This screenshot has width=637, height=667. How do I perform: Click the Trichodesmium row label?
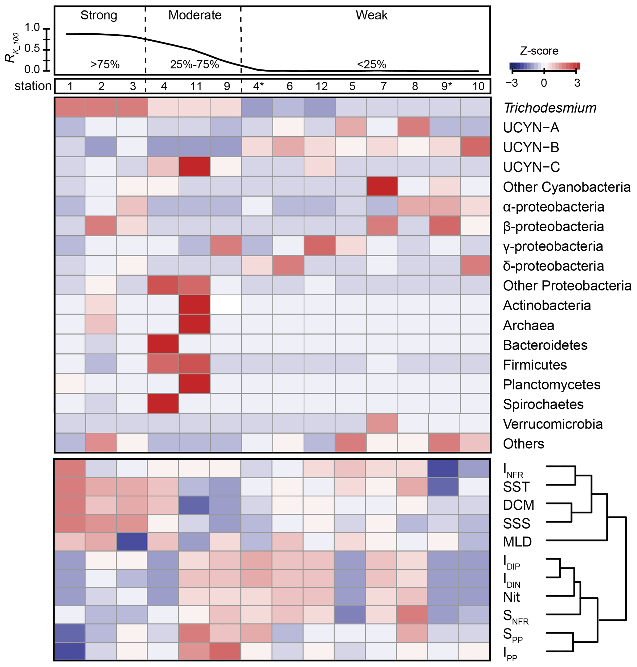(550, 108)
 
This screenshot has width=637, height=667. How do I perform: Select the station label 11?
(196, 86)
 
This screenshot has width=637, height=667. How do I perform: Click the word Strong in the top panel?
(99, 15)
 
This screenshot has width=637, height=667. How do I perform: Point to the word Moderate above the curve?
(194, 15)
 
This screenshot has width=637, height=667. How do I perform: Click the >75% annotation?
(104, 64)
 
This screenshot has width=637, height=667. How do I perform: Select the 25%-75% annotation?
(194, 64)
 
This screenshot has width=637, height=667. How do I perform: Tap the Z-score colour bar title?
(539, 51)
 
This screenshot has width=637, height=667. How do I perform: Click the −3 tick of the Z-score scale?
(512, 83)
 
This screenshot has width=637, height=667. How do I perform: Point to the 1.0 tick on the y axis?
(32, 27)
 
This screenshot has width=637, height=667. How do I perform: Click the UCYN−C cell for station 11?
(194, 167)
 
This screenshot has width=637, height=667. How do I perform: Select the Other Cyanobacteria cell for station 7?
(382, 186)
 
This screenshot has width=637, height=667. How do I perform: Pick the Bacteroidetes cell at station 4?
(163, 344)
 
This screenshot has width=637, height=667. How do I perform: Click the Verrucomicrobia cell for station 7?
(382, 423)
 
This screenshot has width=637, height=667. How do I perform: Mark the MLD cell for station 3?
(132, 541)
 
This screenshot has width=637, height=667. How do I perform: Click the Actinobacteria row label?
(547, 306)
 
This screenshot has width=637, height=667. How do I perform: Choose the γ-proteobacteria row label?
(553, 246)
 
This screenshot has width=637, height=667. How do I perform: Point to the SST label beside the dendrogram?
(516, 487)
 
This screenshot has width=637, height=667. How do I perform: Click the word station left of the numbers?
(33, 86)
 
